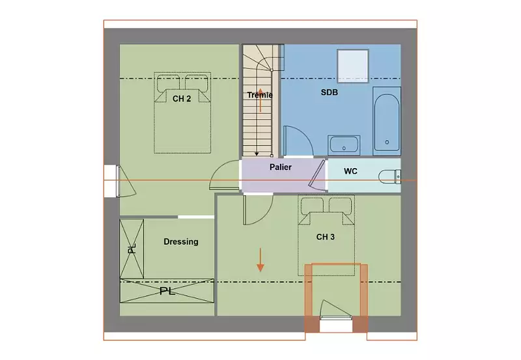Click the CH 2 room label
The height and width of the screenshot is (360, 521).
click(x=182, y=99)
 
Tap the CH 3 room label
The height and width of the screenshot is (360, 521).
click(x=325, y=237)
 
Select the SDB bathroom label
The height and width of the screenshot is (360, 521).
click(x=330, y=92)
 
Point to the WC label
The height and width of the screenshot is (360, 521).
click(x=350, y=171)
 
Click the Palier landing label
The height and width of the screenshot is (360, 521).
click(x=281, y=167)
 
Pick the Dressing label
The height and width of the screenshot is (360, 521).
click(x=181, y=242)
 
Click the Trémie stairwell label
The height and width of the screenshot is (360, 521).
click(x=260, y=95)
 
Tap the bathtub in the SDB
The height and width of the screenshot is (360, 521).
click(x=387, y=122)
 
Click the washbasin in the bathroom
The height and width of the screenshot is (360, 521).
click(x=344, y=145)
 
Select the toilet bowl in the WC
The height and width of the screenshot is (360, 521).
click(x=389, y=176)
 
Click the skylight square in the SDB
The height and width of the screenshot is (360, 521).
click(x=353, y=66)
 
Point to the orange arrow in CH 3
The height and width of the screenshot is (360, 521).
click(x=260, y=260)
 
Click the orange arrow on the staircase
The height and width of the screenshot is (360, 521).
click(x=260, y=100)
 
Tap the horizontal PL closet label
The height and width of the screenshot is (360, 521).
click(x=167, y=291)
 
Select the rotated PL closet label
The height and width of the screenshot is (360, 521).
click(x=132, y=249)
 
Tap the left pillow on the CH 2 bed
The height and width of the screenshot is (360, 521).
click(x=169, y=83)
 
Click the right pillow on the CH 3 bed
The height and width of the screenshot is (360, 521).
click(x=340, y=205)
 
